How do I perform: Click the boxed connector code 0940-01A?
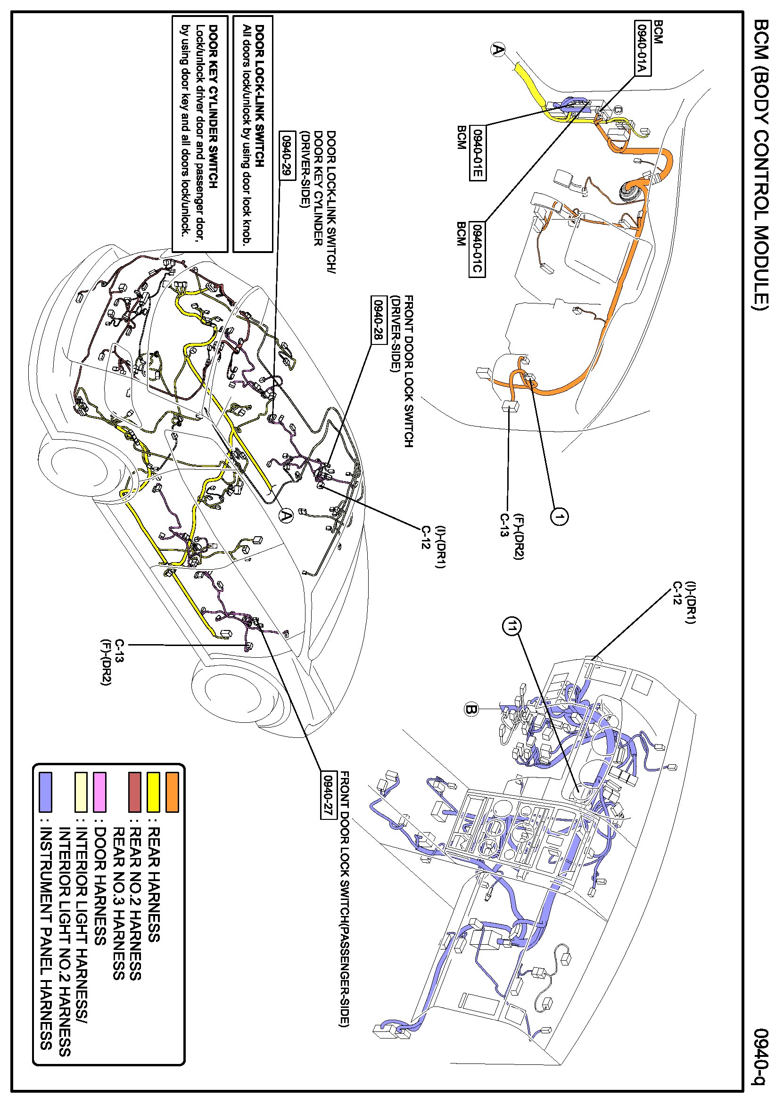coord(642,48)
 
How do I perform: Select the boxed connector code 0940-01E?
coord(477,153)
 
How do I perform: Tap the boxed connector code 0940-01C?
coord(477,249)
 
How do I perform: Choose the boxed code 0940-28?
coord(379,320)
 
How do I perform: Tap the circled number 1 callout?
coord(559,517)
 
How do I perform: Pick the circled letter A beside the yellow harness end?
coord(498,49)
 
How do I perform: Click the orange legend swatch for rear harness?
coord(172,792)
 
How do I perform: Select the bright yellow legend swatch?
coord(153,792)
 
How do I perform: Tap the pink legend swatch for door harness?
coord(99,792)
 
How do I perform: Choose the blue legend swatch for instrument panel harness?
coord(45,792)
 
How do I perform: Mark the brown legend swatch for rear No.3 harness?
coord(135,792)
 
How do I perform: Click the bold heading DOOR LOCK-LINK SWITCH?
coord(259,96)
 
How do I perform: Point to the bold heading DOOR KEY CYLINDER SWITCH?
coord(213,107)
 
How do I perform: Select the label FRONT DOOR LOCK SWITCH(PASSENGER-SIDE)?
coord(345,899)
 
